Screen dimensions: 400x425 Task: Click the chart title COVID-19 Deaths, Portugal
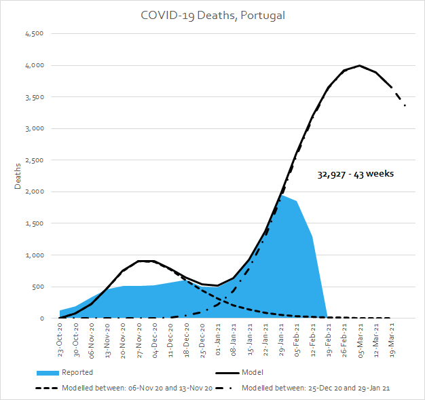pos(212,15)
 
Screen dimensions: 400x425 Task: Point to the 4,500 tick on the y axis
pos(34,34)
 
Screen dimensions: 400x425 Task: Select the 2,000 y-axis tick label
pos(34,192)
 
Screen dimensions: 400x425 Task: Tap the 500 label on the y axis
pos(37,287)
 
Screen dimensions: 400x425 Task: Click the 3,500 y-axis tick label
pos(34,97)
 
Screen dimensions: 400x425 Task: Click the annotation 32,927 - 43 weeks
pos(355,174)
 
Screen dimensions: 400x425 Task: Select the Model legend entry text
pos(251,372)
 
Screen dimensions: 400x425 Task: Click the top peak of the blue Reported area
pos(281,196)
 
